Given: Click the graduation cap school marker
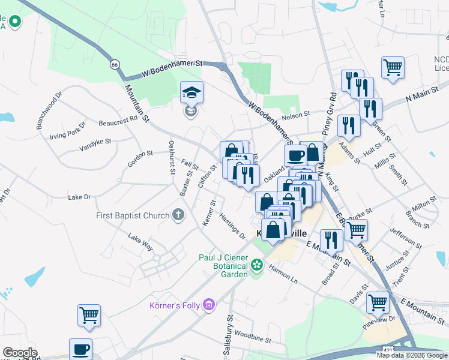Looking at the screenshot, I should (x=191, y=93).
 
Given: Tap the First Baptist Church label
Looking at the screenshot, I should (x=134, y=215).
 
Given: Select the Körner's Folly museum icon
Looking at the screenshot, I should (x=209, y=306).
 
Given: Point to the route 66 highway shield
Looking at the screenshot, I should (x=114, y=64).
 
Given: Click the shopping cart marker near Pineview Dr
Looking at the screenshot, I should (x=378, y=303).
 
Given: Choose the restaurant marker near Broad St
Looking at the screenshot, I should (x=331, y=241).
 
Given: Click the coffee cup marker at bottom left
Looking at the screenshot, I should (x=80, y=350).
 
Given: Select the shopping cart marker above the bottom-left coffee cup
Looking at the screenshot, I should (x=89, y=315).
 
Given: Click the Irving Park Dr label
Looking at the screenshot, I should (x=68, y=130).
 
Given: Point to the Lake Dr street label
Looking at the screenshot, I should (x=79, y=197).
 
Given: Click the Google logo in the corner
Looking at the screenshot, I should (x=20, y=353).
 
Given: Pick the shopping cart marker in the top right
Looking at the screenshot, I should (x=393, y=68).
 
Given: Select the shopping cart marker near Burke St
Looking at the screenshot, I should (x=357, y=230).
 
